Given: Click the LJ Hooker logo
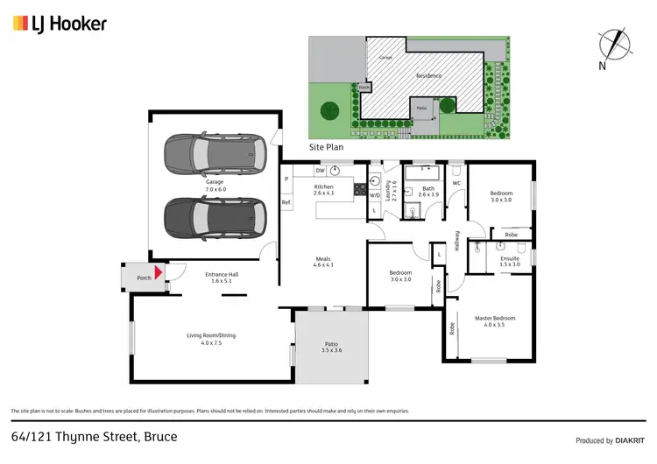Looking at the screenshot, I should (60, 24).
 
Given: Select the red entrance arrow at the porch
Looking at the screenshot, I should (159, 273).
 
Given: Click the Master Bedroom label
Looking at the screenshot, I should (495, 321).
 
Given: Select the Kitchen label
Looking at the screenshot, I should (324, 190).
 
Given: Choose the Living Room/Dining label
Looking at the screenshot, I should (211, 339).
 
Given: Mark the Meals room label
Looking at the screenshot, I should (323, 261).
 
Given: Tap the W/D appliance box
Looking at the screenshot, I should (374, 195).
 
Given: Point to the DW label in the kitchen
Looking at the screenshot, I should (321, 170).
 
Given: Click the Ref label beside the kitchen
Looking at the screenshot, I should (286, 202).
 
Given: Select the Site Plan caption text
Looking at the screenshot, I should (324, 147).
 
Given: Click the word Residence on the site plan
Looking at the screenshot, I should (428, 75).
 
